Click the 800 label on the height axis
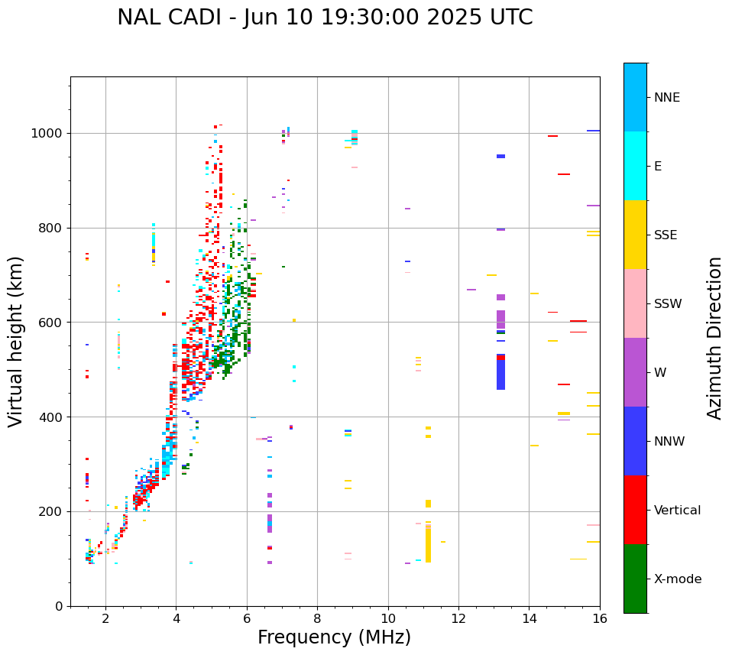(50, 228)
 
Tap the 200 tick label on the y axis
(50, 511)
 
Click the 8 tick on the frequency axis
(317, 618)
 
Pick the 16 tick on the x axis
(600, 618)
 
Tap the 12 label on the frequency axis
(458, 618)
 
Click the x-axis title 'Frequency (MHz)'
(334, 637)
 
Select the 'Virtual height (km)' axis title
(16, 341)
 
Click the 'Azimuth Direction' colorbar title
(714, 338)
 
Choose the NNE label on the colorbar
(667, 98)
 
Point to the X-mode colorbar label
(678, 579)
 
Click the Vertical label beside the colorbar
(677, 511)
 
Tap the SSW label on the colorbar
(669, 304)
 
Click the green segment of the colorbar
(635, 579)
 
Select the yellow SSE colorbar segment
(635, 235)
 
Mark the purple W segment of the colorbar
(635, 372)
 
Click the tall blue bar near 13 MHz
(500, 375)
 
